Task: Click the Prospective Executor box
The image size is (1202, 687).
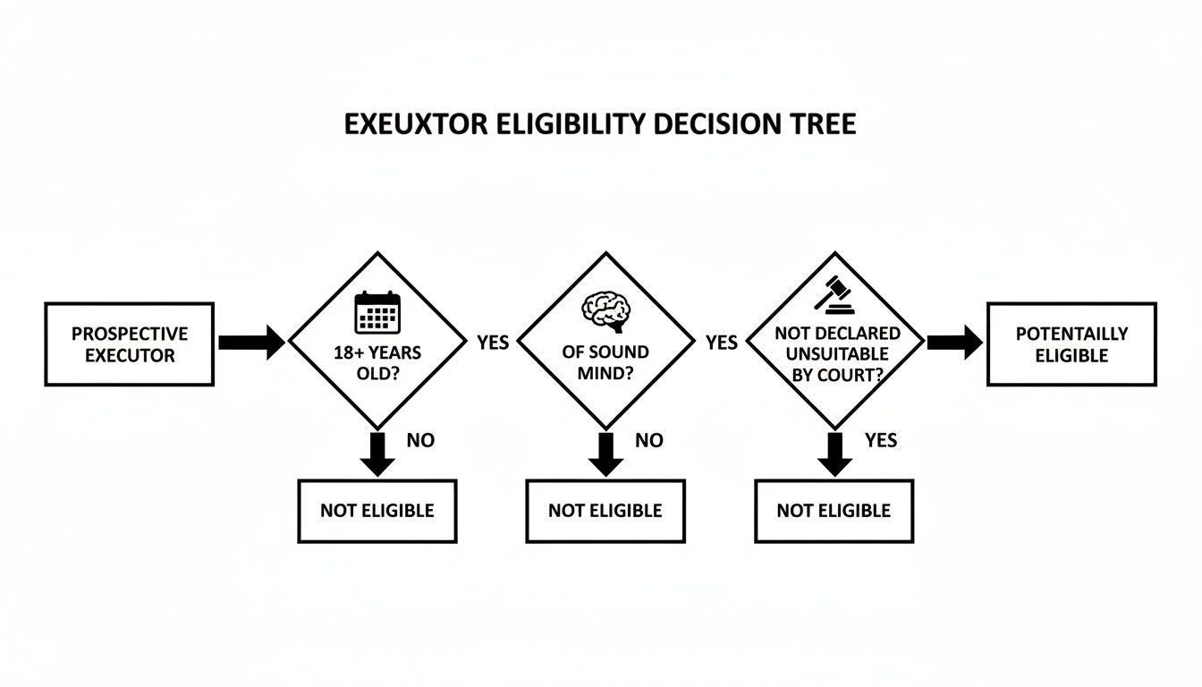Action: (x=130, y=344)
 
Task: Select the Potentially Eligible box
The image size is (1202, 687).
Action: (x=1071, y=344)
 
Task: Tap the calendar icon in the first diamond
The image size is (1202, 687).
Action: (x=377, y=312)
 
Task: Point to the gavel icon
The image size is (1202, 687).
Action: (x=835, y=294)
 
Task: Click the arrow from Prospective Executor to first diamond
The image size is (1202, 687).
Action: (x=251, y=343)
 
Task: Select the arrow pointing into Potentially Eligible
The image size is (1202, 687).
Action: (x=954, y=343)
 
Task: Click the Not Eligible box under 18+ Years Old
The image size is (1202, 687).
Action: (x=377, y=511)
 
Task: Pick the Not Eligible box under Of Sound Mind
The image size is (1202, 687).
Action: (x=605, y=511)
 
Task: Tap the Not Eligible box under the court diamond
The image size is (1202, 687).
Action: (x=834, y=511)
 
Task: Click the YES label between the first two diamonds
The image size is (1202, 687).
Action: (x=493, y=343)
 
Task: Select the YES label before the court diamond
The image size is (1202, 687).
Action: (x=722, y=343)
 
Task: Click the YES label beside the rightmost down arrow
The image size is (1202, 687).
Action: (x=881, y=440)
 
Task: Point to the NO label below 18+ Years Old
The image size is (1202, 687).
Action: (x=420, y=440)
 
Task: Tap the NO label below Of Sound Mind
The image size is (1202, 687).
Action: (x=649, y=440)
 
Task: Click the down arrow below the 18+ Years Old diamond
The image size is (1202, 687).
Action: (x=377, y=454)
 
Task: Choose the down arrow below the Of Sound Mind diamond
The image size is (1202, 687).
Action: (x=605, y=454)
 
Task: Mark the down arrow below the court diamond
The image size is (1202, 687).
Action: (x=834, y=454)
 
